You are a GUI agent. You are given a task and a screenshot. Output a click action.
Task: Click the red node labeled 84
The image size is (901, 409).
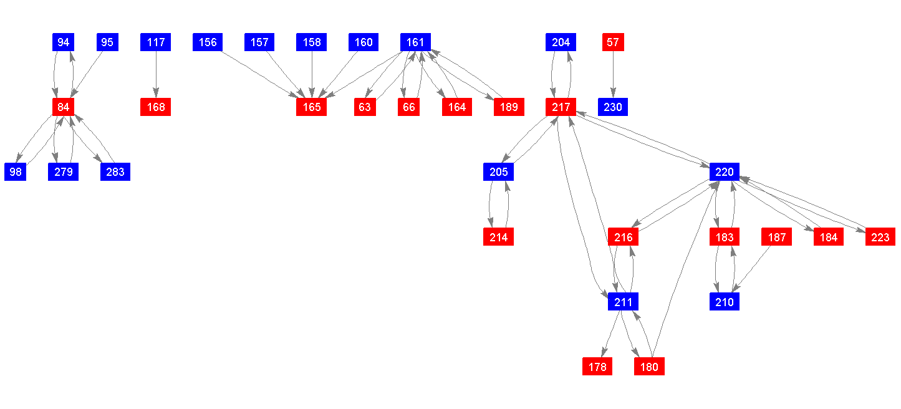(x=63, y=107)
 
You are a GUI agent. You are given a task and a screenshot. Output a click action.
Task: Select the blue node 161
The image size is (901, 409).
(x=415, y=42)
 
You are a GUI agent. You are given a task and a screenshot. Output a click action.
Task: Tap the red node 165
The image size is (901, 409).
(x=312, y=107)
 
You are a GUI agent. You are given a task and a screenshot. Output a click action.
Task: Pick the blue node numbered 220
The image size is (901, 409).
(x=725, y=171)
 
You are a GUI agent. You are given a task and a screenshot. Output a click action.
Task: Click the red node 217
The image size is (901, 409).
(x=561, y=107)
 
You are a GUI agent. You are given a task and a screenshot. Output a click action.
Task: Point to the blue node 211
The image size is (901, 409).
(x=623, y=302)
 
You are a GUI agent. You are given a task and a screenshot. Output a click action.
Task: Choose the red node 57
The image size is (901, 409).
(x=613, y=42)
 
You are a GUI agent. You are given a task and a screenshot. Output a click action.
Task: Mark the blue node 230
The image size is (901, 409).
(x=613, y=107)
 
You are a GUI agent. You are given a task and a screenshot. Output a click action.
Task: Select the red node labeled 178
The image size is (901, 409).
(x=597, y=367)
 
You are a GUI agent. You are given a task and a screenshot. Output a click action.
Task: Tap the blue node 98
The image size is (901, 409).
(x=16, y=171)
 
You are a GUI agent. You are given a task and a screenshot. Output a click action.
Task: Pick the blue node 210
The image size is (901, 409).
(x=725, y=302)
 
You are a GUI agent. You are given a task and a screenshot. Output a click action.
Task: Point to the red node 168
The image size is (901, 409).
(x=156, y=107)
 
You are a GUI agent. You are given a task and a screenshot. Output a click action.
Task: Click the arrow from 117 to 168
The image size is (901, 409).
(x=156, y=74)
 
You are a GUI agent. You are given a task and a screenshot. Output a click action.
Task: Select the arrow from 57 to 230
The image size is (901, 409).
(x=613, y=74)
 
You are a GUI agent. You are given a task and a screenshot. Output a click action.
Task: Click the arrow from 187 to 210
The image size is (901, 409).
(x=753, y=267)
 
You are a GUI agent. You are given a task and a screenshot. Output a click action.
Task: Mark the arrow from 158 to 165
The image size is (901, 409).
(x=312, y=74)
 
